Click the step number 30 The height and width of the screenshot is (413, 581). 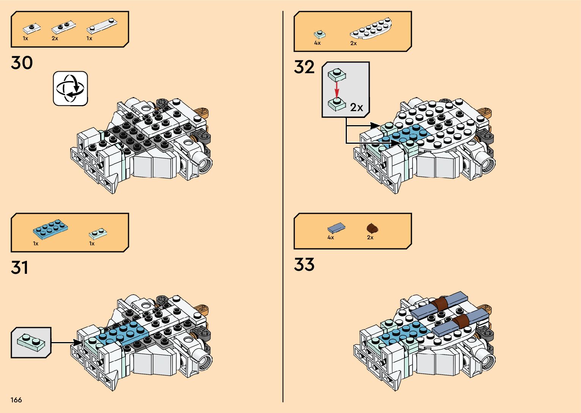click(x=22, y=63)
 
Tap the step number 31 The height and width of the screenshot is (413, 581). click(x=20, y=268)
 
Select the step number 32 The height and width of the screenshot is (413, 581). click(x=304, y=68)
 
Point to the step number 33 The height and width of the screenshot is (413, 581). click(x=304, y=265)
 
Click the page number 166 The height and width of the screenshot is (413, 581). click(x=16, y=400)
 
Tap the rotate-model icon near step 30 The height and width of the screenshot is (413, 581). click(x=70, y=88)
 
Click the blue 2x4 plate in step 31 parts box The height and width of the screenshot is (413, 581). click(x=50, y=229)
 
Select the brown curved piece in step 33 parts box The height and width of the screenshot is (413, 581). click(x=372, y=228)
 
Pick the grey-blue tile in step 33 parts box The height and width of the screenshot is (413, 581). click(x=336, y=228)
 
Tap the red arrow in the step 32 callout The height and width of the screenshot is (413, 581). click(x=337, y=90)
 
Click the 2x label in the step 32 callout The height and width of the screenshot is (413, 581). click(x=356, y=108)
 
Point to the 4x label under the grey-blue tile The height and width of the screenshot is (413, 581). click(x=331, y=237)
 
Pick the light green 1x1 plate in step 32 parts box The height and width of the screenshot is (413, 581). click(x=320, y=35)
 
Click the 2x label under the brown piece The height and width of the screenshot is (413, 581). click(x=370, y=237)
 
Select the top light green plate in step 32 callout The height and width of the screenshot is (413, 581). click(x=337, y=74)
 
